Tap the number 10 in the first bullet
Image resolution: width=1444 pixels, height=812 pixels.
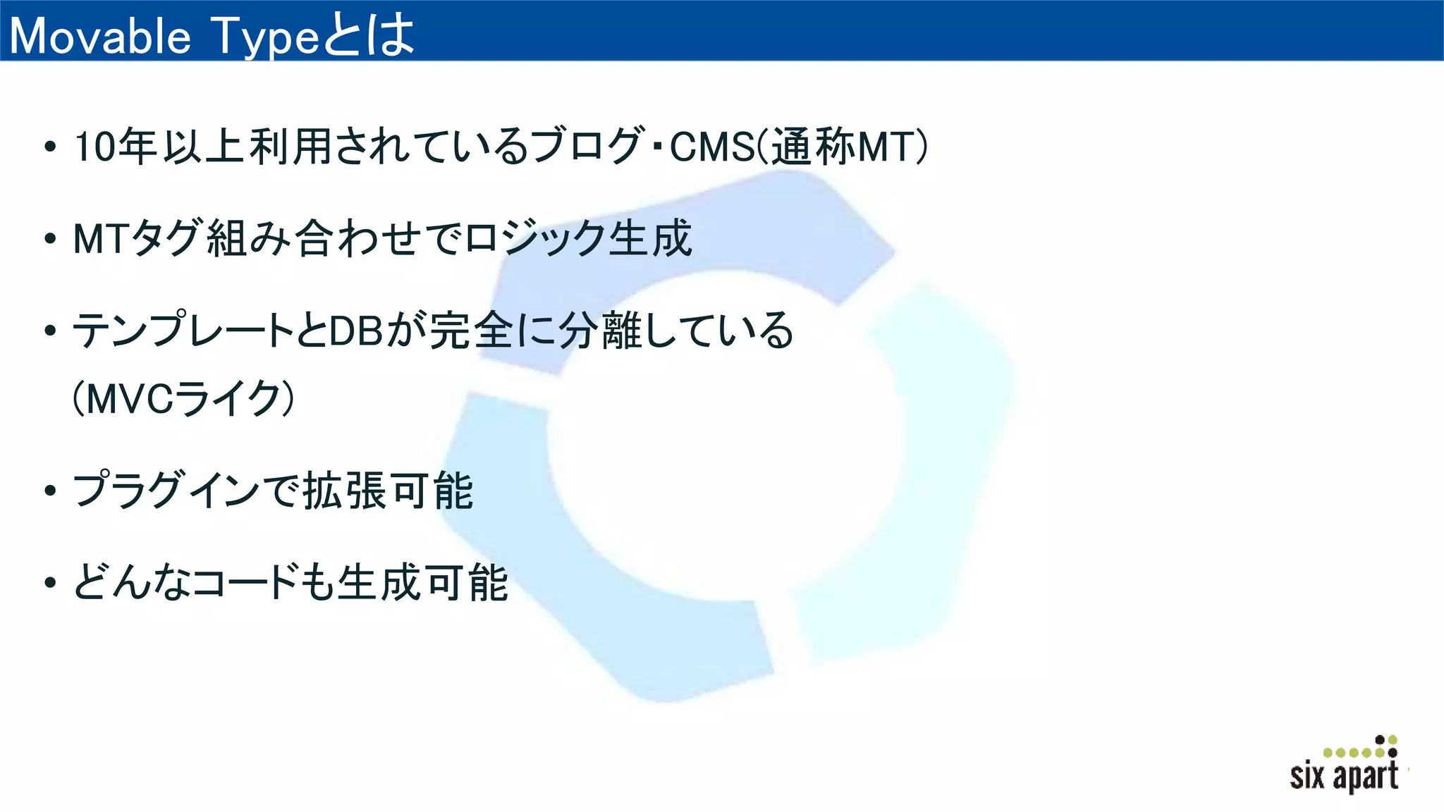click(94, 147)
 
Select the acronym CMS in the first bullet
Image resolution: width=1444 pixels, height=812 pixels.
click(711, 147)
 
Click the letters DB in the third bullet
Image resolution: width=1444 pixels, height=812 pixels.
click(356, 330)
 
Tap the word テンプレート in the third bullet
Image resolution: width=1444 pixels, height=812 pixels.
click(183, 330)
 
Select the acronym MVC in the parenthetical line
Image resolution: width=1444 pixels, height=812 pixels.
click(130, 399)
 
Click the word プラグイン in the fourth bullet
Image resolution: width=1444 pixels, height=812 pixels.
click(166, 491)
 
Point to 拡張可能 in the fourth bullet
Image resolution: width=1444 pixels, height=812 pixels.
click(388, 491)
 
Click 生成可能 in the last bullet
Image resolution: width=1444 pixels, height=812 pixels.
click(422, 582)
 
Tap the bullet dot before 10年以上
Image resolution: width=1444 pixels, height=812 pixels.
click(49, 147)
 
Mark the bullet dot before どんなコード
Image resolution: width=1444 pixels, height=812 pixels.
click(49, 583)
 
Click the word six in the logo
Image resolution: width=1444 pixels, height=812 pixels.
click(1307, 776)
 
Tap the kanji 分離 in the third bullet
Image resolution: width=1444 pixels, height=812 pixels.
click(599, 330)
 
